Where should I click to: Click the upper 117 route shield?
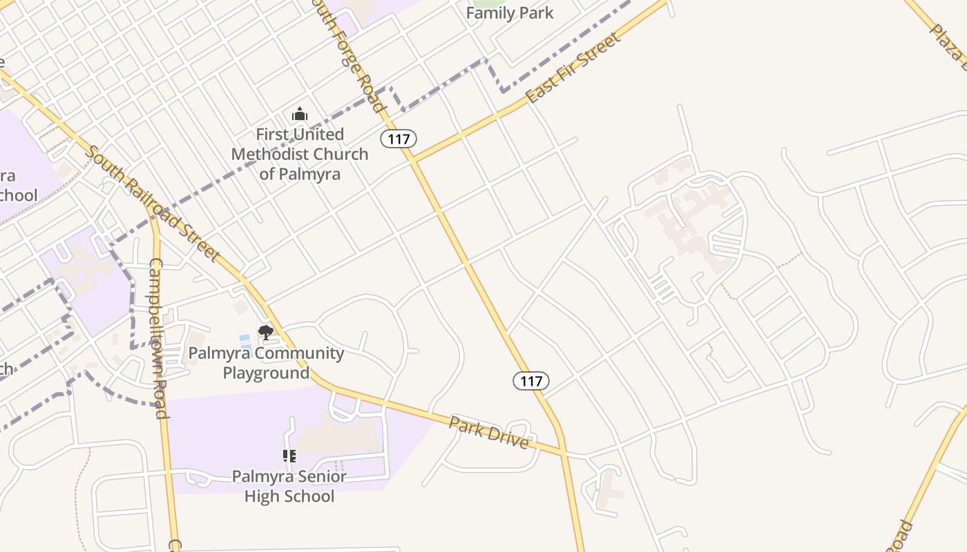pyautogui.click(x=399, y=139)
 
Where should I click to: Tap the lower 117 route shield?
pyautogui.click(x=531, y=380)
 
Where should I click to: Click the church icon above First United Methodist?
pyautogui.click(x=300, y=114)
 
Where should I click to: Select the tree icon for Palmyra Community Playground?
pyautogui.click(x=265, y=333)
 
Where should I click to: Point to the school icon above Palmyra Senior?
pyautogui.click(x=289, y=455)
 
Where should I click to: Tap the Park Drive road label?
pyautogui.click(x=489, y=432)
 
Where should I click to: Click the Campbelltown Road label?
pyautogui.click(x=157, y=338)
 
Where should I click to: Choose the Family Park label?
pyautogui.click(x=510, y=13)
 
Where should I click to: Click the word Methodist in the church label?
pyautogui.click(x=299, y=154)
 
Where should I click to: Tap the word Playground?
pyautogui.click(x=266, y=373)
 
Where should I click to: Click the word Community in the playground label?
pyautogui.click(x=298, y=353)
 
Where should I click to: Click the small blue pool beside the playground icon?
pyautogui.click(x=245, y=339)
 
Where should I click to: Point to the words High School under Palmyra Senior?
pyautogui.click(x=289, y=496)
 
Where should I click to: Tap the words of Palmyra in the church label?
pyautogui.click(x=300, y=174)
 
